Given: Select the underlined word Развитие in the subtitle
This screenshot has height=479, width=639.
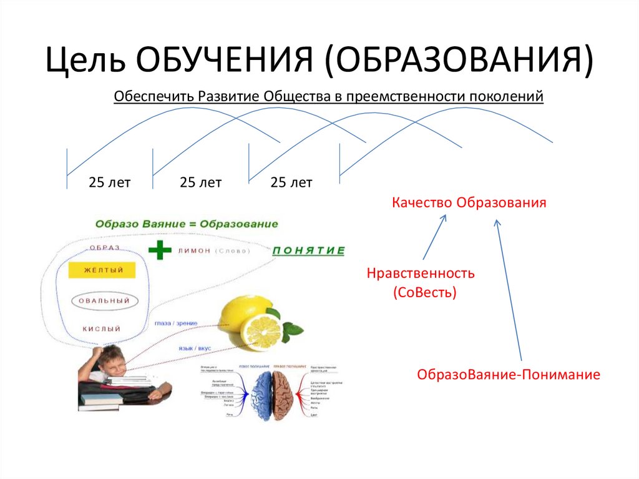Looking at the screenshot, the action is [228, 97].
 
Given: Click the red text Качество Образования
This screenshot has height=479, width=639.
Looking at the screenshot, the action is [469, 203].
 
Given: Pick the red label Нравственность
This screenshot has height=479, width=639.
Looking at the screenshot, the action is [421, 274].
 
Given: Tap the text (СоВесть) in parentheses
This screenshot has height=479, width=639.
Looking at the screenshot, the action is [425, 292].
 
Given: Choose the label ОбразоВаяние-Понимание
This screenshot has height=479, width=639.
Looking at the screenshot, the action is [509, 375].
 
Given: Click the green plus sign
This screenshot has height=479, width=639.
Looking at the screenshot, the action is [160, 250].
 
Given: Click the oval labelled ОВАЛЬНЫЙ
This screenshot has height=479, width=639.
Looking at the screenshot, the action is [104, 301].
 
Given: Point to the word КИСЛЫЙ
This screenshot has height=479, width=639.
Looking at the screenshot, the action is [101, 328].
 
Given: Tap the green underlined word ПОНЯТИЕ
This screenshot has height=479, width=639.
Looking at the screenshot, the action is [308, 250].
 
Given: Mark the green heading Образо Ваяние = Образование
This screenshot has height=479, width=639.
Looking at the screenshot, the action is [187, 224].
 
